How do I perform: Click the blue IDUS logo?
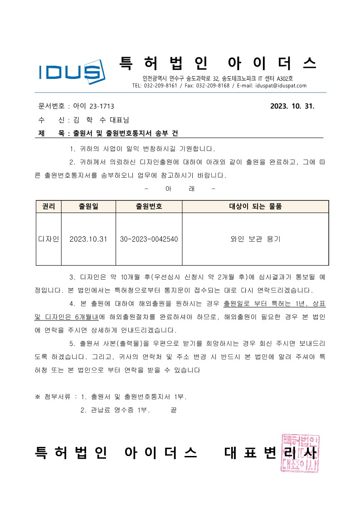71,71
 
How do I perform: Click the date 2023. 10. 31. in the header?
292,107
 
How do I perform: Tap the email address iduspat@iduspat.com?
281,86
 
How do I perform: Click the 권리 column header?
48,206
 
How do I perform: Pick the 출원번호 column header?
149,206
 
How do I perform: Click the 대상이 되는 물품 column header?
255,206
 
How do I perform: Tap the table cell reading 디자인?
48,239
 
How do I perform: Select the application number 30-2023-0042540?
149,239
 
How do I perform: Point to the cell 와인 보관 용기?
255,239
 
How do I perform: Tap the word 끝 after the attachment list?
173,410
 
